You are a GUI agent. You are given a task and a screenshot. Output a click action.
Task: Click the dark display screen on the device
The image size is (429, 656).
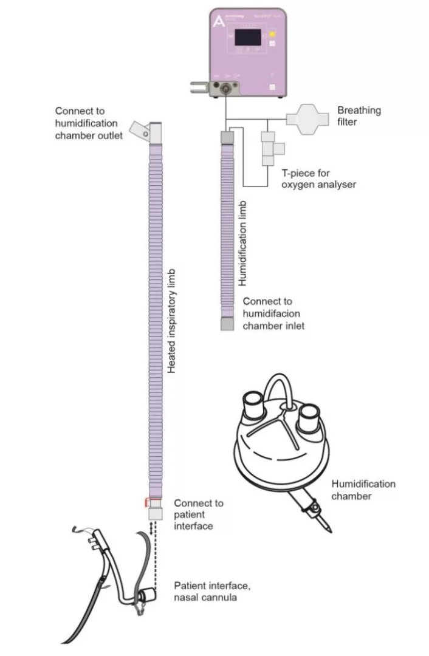249,38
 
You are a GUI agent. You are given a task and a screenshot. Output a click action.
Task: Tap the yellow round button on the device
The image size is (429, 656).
273,36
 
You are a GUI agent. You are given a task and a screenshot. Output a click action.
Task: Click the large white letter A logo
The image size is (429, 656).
217,21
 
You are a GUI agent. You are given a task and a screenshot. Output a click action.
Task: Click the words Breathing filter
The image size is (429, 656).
359,115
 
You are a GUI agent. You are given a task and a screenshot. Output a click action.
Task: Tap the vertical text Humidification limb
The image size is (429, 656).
242,242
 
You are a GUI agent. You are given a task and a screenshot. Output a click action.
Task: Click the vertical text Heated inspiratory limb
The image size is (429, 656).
172,320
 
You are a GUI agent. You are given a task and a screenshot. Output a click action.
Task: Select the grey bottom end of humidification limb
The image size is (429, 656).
227,324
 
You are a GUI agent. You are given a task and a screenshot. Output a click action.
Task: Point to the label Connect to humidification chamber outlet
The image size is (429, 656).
88,123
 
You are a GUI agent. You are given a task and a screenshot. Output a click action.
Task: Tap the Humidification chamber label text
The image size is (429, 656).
363,490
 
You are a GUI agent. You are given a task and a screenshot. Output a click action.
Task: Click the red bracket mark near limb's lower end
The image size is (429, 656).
146,502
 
